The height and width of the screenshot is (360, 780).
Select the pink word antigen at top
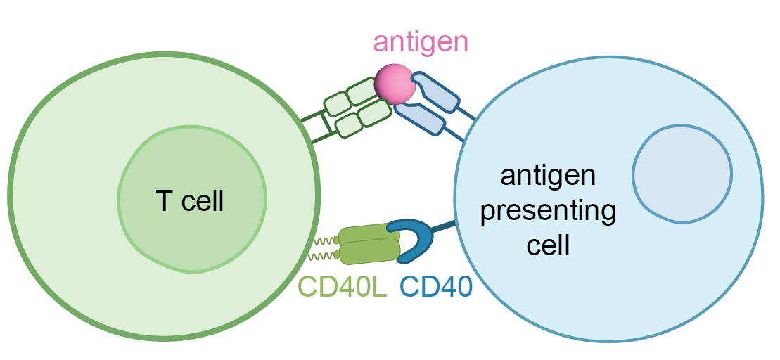[420, 41]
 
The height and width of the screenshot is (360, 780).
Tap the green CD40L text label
[343, 286]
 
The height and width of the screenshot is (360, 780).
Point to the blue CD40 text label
[435, 286]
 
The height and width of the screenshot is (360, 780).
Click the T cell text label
[189, 201]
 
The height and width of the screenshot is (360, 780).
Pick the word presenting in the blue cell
[548, 211]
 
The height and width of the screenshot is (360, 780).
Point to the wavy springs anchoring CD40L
[324, 246]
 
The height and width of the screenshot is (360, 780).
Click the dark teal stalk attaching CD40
[444, 227]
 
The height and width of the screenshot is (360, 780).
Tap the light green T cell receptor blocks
[357, 105]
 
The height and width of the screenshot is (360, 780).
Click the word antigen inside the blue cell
[548, 176]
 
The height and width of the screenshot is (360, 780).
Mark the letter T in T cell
[162, 201]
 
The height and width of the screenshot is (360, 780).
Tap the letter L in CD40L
[380, 286]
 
